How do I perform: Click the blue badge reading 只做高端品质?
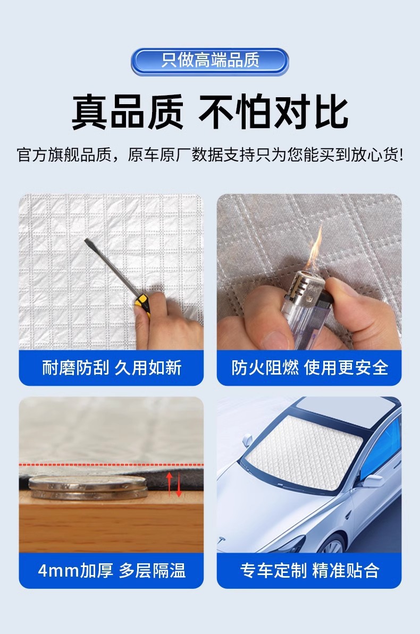209,62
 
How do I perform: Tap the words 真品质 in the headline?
128,112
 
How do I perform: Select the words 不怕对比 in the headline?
273,112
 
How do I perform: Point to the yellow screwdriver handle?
143,305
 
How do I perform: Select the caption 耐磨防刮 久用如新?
111,368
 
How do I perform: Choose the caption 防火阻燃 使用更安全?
309,368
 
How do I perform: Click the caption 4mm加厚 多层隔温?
111,571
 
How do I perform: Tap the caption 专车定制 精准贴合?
309,571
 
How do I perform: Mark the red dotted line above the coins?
111,464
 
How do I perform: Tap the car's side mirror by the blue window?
372,481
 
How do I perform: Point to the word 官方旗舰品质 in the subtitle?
64,155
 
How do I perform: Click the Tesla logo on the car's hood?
221,540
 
